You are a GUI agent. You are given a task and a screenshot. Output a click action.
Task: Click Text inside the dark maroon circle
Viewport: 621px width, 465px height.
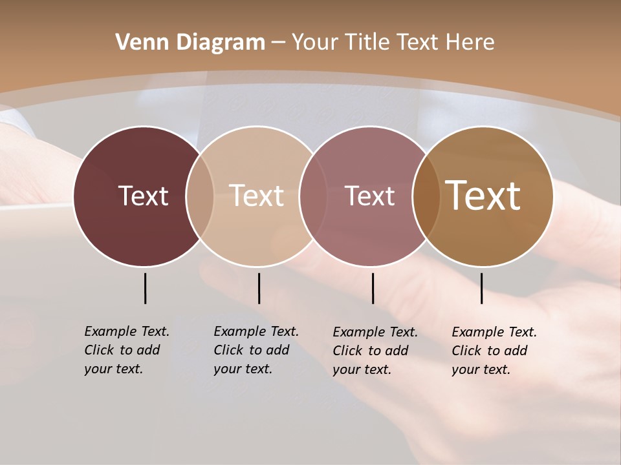point(143,196)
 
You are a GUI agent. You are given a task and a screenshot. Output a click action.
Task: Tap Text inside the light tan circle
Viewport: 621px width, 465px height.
point(257,196)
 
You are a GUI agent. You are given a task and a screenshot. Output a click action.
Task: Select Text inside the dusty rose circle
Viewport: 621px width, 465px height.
point(369,196)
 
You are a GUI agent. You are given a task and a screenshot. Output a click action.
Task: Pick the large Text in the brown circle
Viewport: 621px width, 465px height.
point(483,196)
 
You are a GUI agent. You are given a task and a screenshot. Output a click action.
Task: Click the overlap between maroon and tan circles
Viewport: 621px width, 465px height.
point(200,196)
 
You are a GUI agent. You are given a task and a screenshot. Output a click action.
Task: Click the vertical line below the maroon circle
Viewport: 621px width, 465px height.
point(145,288)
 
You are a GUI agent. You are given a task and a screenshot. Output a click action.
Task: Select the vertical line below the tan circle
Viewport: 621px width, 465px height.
point(259,288)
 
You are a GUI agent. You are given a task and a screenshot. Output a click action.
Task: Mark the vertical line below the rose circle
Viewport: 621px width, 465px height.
point(373,288)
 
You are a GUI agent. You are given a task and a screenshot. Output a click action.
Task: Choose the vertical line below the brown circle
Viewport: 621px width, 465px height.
point(481,288)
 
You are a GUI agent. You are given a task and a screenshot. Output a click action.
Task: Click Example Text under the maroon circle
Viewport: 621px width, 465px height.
point(127,331)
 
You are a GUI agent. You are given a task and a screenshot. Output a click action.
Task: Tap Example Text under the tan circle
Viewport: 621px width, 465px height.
point(256,331)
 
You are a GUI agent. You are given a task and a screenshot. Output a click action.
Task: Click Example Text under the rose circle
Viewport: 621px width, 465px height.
point(375,332)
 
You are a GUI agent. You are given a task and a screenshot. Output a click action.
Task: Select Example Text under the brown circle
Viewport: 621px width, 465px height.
point(494,332)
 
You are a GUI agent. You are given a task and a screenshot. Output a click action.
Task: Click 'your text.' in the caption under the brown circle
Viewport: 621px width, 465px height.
point(481,369)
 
